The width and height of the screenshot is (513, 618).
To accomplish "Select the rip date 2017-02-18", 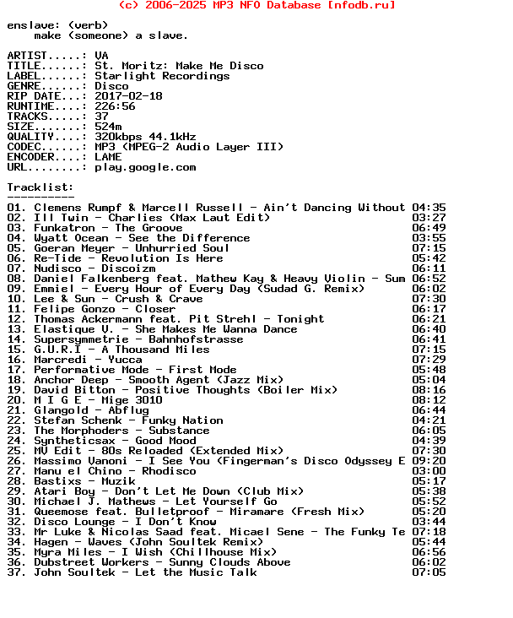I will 128,96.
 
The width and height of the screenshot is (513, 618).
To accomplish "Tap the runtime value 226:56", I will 115,106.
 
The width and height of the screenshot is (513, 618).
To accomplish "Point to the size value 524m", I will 108,127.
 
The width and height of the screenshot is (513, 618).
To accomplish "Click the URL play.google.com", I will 145,167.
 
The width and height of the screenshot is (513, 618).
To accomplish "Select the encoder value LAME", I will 108,157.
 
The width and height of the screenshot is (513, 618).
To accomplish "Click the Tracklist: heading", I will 40,187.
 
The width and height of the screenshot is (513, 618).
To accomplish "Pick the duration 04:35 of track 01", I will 429,208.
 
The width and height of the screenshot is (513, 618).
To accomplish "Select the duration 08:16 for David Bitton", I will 429,390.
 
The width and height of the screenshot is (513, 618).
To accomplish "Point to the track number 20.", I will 16,400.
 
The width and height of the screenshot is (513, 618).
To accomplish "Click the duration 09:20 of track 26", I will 429,461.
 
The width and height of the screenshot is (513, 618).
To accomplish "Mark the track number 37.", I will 16,572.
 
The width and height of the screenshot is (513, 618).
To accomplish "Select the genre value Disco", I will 111,86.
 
